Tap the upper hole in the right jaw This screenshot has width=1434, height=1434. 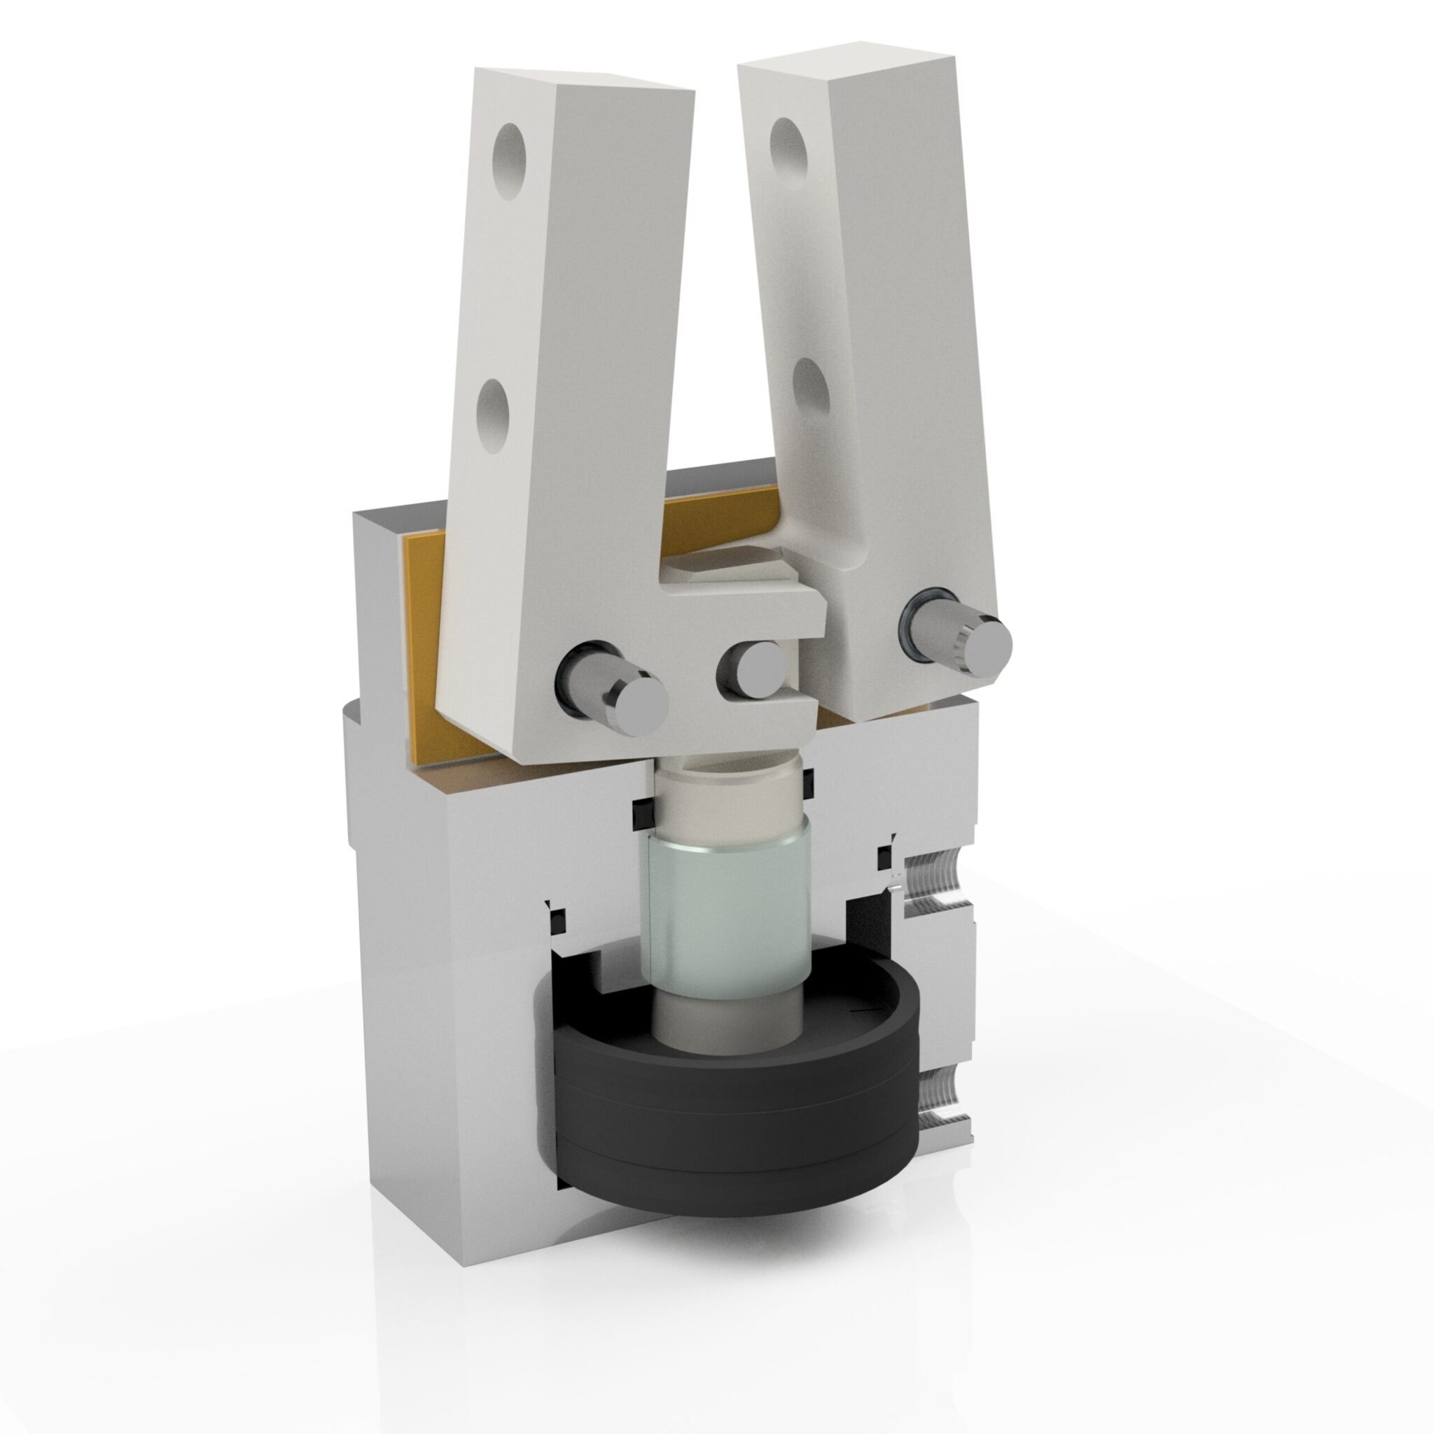(788, 146)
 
